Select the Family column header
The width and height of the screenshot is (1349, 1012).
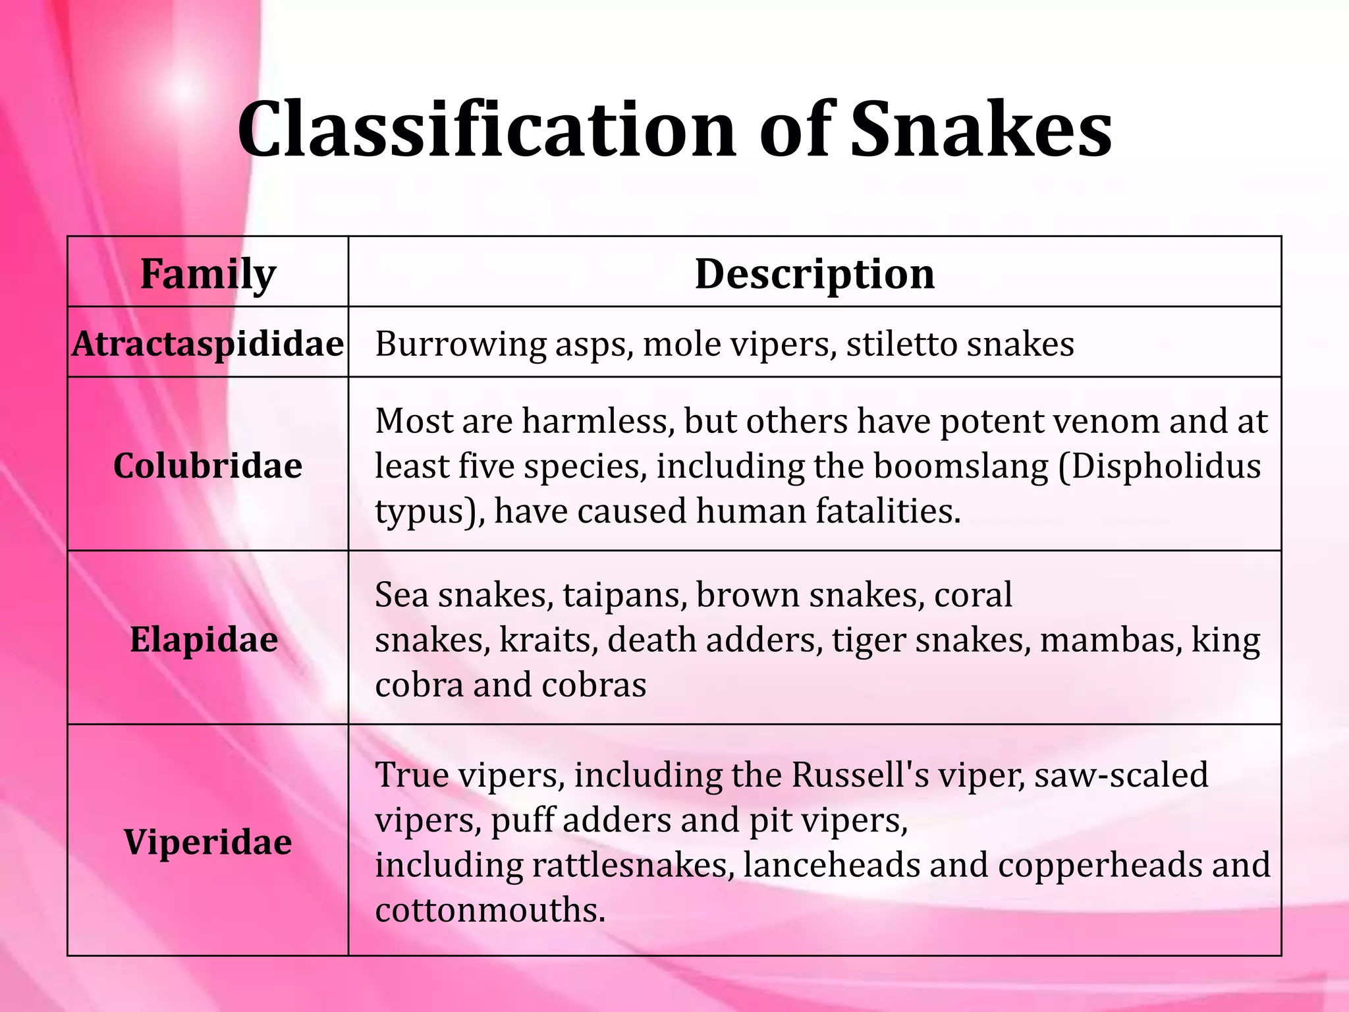[x=208, y=273]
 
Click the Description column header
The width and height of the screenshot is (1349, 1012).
[x=815, y=273]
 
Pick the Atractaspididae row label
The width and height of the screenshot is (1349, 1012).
[x=208, y=344]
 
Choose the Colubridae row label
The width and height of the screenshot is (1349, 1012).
[x=208, y=466]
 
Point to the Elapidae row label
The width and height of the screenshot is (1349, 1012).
[x=204, y=640]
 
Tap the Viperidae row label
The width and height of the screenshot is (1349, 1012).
[x=208, y=842]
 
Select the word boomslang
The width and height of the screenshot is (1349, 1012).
[x=961, y=466]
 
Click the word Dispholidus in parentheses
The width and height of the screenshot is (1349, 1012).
[x=1159, y=466]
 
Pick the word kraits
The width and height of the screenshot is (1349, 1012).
[x=549, y=640]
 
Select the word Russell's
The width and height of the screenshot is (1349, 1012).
[x=860, y=775]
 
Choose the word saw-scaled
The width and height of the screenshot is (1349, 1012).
[x=1121, y=775]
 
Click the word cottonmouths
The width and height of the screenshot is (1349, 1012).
[x=490, y=911]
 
